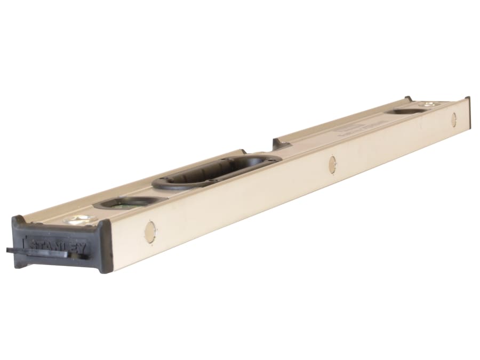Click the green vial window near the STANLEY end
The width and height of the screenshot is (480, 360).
tap(129, 201)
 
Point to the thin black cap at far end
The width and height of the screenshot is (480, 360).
tap(467, 114)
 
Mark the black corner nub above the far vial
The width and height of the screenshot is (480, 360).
tap(408, 99)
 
